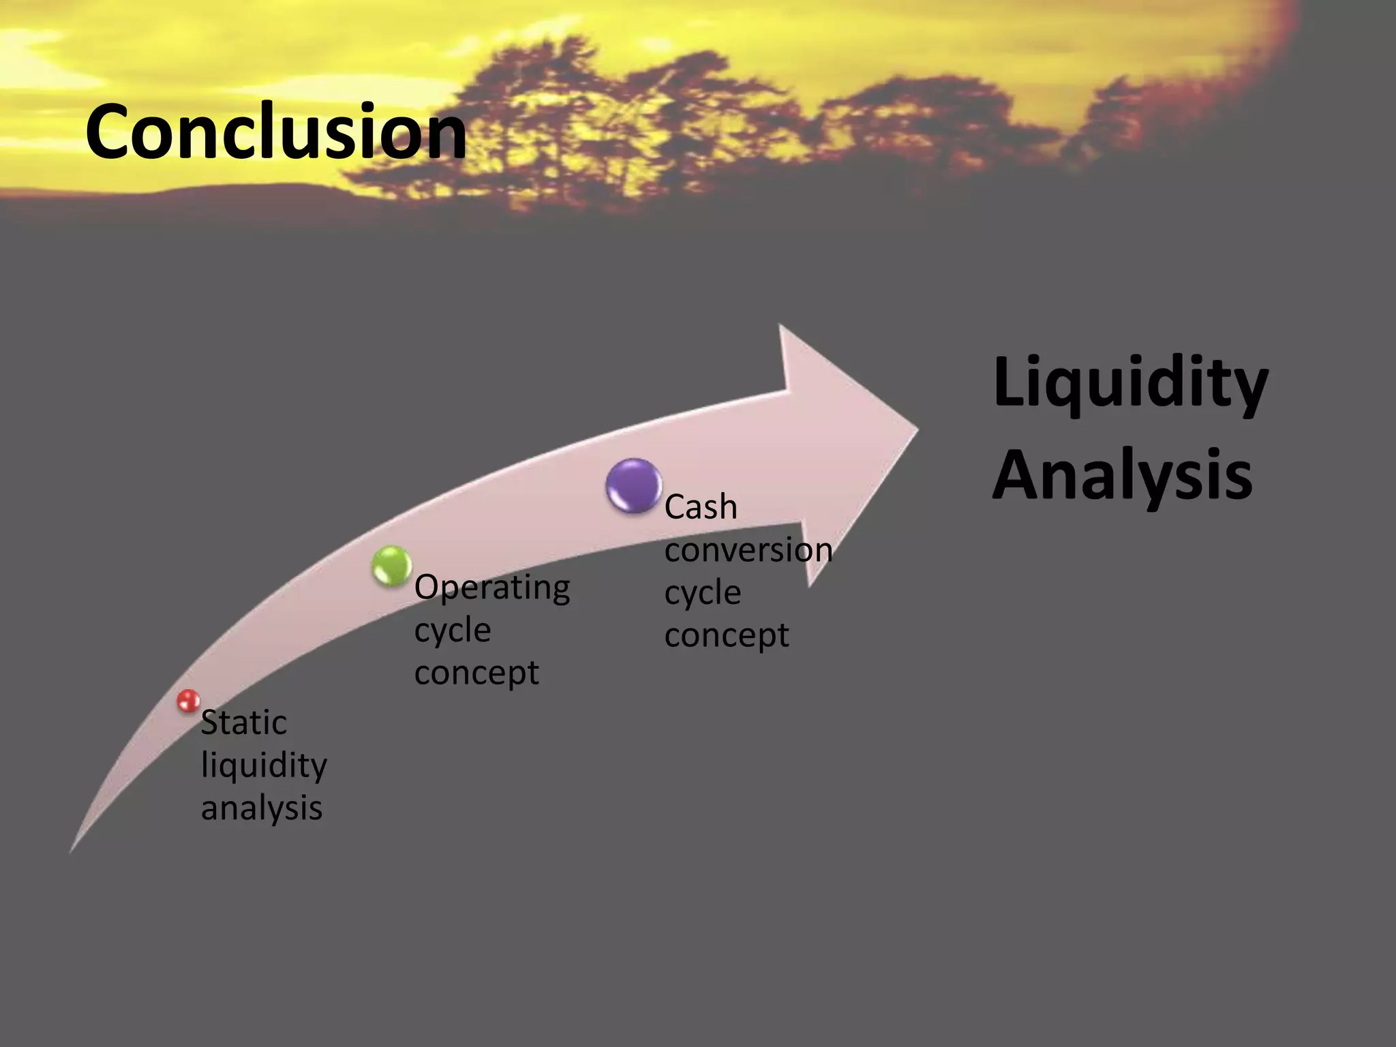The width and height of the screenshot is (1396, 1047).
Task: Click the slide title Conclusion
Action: pos(275,132)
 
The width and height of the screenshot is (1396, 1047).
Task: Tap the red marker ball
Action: pos(187,701)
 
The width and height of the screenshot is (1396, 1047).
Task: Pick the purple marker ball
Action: pos(633,485)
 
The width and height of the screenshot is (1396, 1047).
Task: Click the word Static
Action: pos(243,723)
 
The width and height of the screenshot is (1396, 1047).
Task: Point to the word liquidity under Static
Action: pos(264,766)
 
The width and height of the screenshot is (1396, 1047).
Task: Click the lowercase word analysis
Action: pos(261,808)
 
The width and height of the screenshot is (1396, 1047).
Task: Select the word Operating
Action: pos(491,588)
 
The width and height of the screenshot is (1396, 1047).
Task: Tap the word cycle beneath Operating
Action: pos(452,631)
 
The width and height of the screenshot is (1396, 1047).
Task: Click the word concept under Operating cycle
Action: pos(476,673)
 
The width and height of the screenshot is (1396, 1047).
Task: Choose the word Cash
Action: pos(701,508)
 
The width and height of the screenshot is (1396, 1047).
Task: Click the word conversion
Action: pos(748,550)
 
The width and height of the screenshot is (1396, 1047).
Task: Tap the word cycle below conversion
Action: pos(702,593)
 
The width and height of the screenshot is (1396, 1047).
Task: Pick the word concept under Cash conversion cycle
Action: pos(726,635)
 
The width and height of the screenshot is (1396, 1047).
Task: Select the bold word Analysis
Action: pos(1121,475)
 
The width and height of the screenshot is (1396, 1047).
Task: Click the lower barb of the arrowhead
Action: pos(809,583)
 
